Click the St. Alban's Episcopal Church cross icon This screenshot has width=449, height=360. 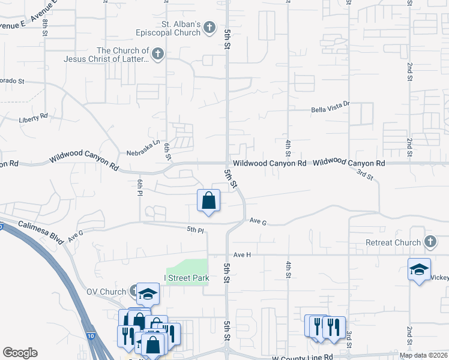(209, 27)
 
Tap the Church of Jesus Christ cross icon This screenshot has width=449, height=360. (157, 55)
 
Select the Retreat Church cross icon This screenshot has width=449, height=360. (430, 242)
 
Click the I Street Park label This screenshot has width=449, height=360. (187, 278)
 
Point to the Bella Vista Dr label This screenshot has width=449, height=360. (330, 110)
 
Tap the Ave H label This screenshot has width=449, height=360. (241, 254)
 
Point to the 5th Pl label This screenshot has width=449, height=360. (195, 229)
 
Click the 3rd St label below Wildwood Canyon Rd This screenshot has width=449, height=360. (365, 175)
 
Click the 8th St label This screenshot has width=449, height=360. (45, 28)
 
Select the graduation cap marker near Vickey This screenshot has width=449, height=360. (418, 268)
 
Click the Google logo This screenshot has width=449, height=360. (20, 352)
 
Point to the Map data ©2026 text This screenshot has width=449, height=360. (423, 355)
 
